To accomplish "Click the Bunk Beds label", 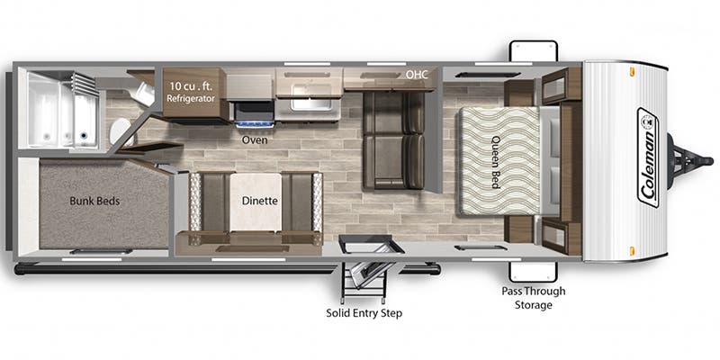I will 94,201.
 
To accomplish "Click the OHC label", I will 416,74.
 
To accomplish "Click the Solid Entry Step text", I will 364,313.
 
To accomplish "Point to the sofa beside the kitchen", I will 393,139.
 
